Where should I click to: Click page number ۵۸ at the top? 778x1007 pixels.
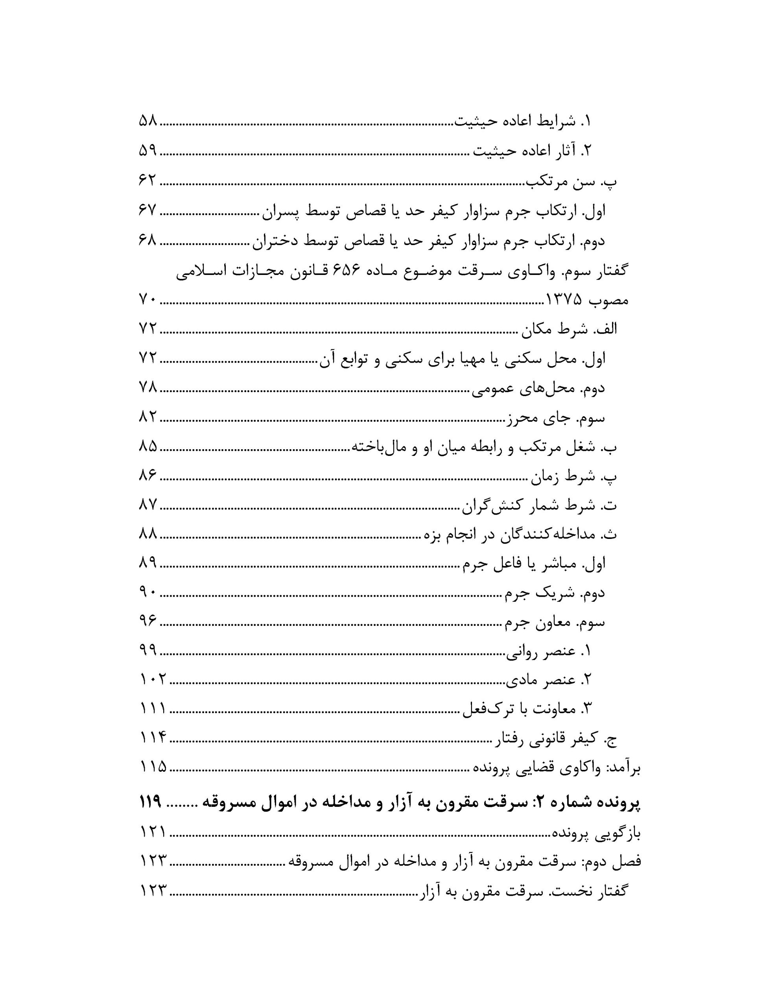tap(147, 121)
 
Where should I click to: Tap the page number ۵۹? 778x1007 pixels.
tap(147, 151)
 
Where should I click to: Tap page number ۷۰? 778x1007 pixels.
tap(147, 301)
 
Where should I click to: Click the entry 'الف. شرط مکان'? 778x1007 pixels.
tap(570, 329)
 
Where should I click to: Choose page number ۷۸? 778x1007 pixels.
tap(147, 388)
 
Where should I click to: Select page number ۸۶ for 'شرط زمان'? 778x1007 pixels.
tap(147, 476)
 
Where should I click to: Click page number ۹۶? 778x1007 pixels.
tap(147, 622)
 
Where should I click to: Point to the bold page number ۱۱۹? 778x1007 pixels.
tap(150, 802)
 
